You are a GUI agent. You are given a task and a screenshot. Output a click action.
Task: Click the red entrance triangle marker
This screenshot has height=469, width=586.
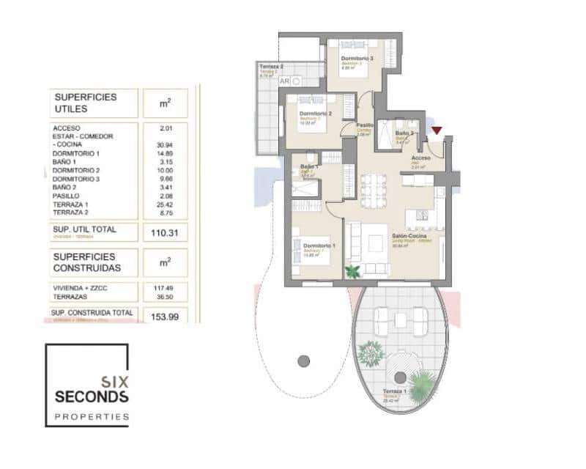[437, 131]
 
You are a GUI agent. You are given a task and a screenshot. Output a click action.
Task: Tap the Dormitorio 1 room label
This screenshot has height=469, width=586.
[319, 245]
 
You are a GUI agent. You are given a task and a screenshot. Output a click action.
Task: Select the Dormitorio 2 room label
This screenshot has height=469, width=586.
[316, 114]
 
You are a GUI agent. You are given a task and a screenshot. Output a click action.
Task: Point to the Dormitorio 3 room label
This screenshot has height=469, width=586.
[357, 58]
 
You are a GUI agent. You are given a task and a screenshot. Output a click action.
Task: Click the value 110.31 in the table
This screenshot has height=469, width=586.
[165, 233]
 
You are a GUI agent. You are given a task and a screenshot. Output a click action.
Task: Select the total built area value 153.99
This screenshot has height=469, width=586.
[165, 315]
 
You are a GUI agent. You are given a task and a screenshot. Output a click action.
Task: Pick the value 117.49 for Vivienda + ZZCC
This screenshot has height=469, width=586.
[165, 288]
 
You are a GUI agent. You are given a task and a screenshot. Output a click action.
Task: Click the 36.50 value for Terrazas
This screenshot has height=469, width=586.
[166, 298]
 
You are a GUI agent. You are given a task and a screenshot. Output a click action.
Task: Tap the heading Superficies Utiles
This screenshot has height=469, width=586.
[84, 103]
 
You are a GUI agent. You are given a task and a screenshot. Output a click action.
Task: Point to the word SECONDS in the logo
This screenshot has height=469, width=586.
[92, 396]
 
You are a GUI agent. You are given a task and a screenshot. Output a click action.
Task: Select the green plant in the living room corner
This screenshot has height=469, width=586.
[353, 271]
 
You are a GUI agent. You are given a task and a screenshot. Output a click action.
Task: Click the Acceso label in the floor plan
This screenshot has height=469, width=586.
[420, 158]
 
